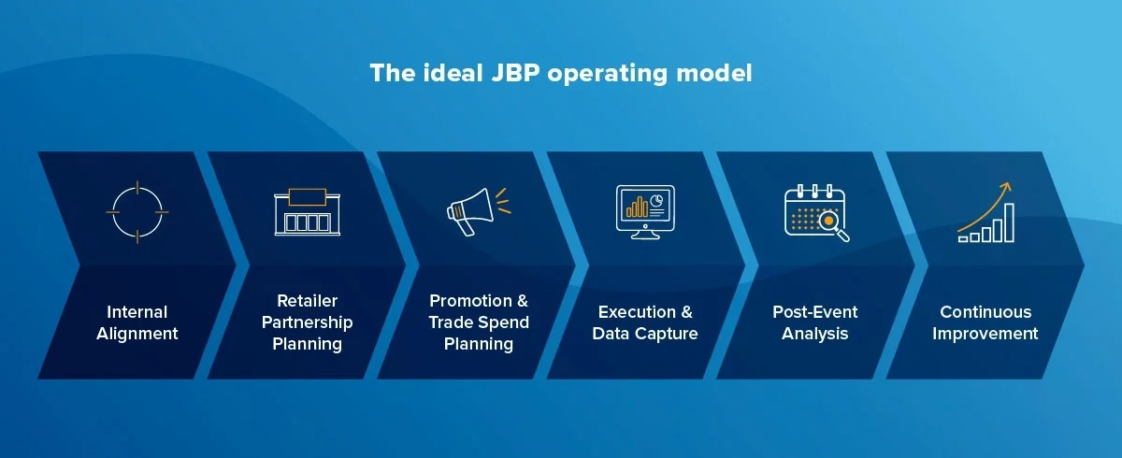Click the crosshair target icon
pos(137,212)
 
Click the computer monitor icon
pos(645,211)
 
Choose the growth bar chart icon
pos(985,212)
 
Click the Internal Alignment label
pos(137,322)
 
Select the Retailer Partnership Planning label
pos(307,322)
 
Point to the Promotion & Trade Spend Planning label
pos(478,322)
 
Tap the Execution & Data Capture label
pos(645,322)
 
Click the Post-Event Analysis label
pos(814,322)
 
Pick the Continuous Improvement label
pos(985,322)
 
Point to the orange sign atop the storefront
pos(307,195)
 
